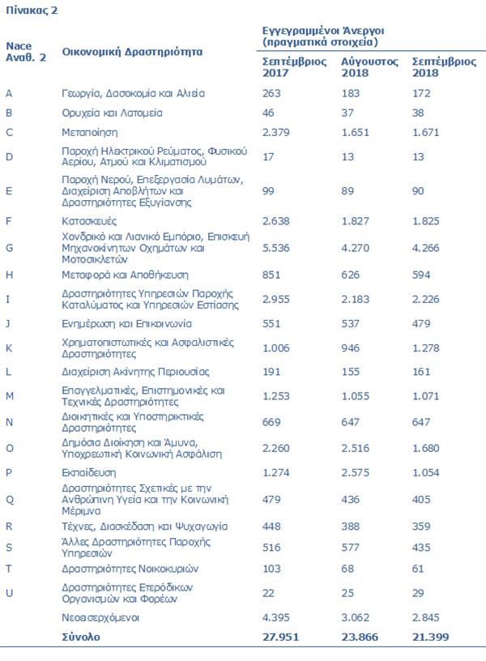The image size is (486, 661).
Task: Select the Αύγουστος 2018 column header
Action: tap(369, 66)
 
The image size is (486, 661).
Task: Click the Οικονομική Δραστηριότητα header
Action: tap(132, 51)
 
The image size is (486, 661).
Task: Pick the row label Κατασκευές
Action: tap(90, 220)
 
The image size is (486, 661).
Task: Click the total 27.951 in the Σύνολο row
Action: tap(281, 637)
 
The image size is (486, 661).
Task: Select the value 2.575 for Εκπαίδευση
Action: tap(355, 472)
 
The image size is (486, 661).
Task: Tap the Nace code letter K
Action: tap(9, 348)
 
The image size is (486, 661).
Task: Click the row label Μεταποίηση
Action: tap(90, 132)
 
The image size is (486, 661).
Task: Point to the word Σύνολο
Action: tap(81, 637)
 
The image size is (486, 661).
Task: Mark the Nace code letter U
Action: tap(9, 592)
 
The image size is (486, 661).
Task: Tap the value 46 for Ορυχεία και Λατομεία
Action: tap(269, 113)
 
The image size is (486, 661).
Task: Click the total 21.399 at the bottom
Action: tap(430, 637)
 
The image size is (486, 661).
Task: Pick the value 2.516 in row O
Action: tap(355, 447)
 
